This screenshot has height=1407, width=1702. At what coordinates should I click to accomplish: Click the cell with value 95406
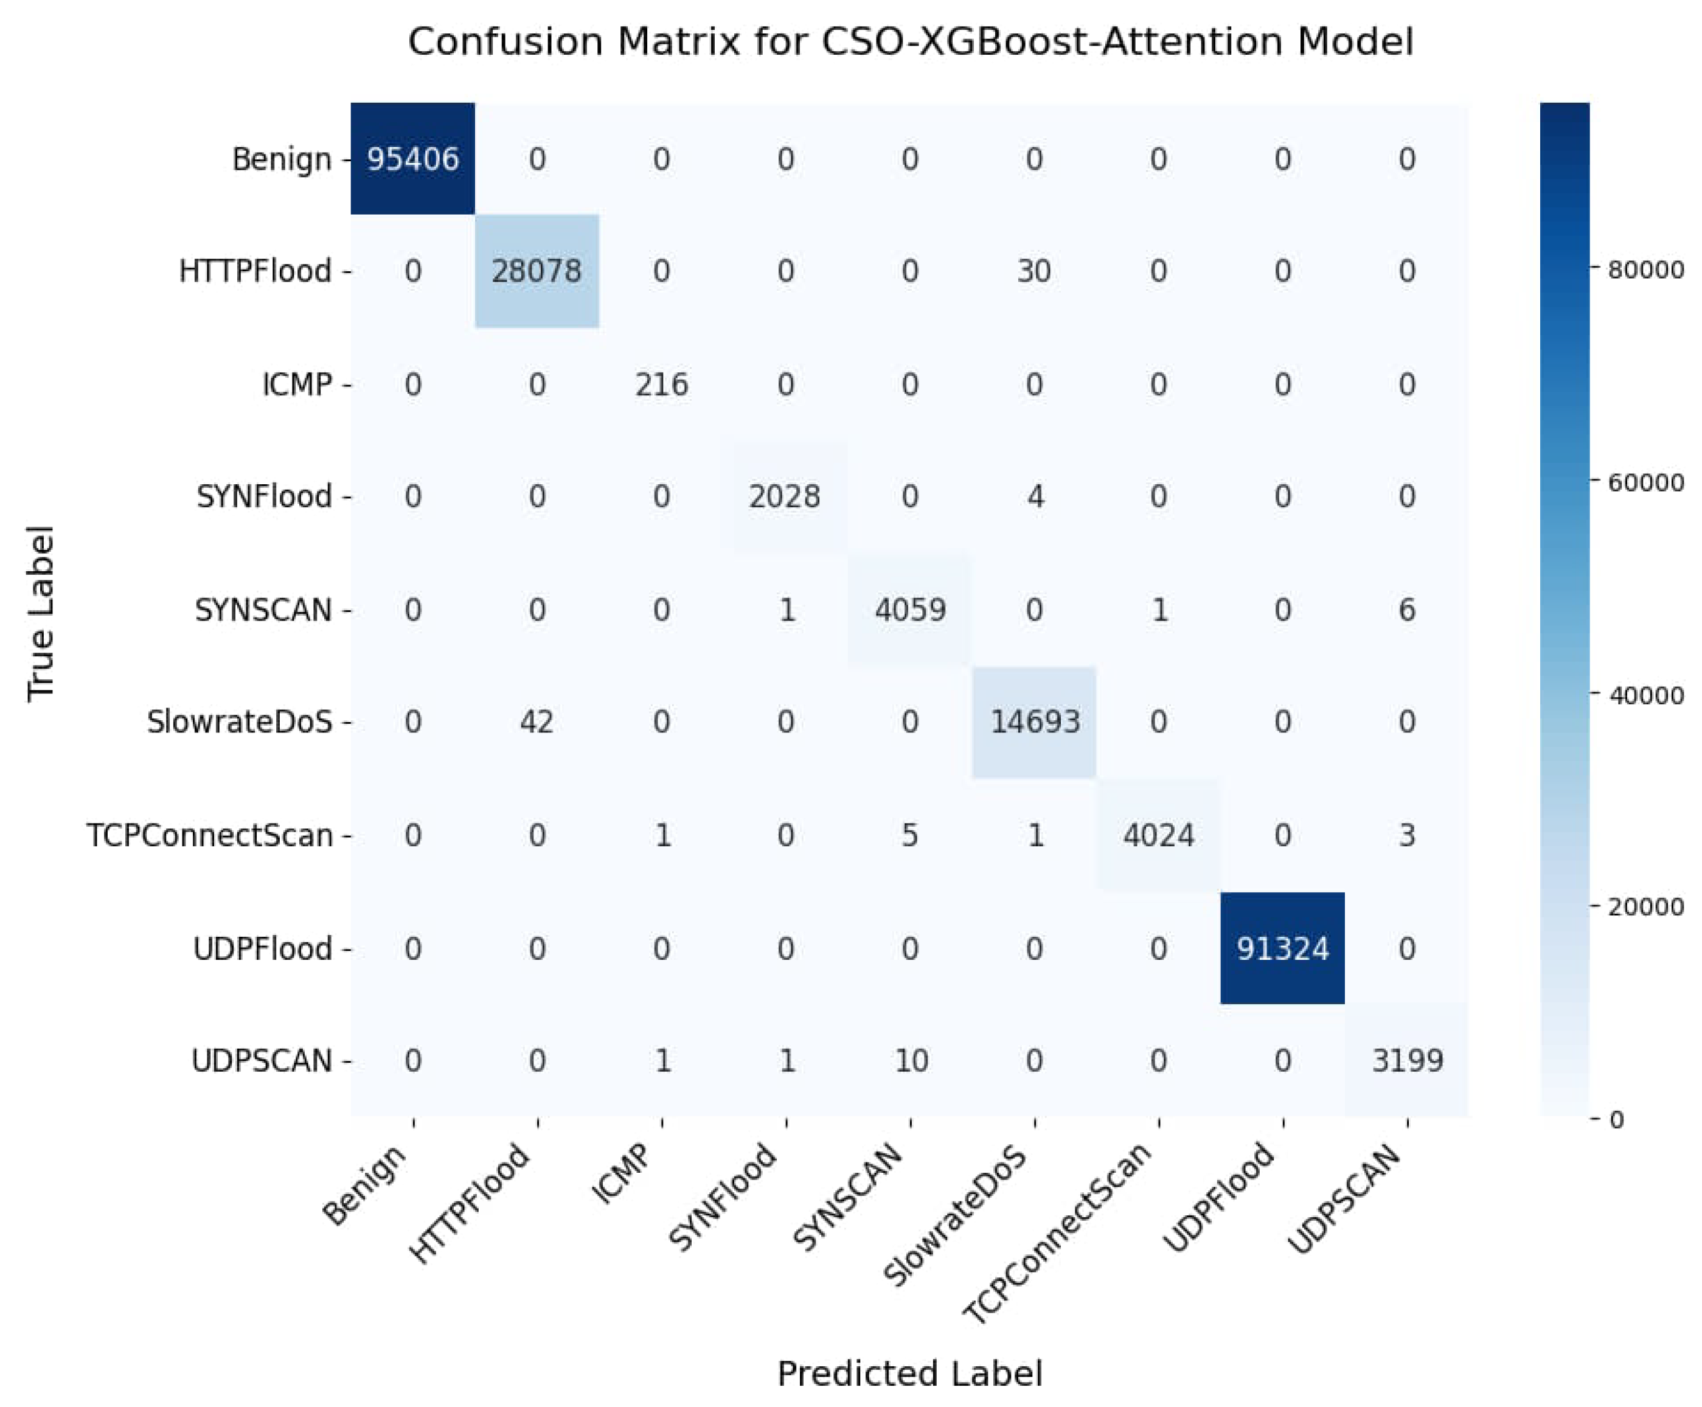point(412,159)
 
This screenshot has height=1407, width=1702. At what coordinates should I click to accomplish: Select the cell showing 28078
point(537,271)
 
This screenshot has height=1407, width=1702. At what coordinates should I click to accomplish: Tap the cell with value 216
point(661,383)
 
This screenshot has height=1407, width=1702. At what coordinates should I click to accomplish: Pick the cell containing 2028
point(785,496)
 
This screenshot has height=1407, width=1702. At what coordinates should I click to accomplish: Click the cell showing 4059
point(910,610)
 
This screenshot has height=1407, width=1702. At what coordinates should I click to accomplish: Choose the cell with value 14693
point(1035,721)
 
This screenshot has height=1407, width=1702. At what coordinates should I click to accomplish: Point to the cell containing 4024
point(1158,835)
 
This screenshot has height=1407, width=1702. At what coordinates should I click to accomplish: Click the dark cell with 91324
point(1282,948)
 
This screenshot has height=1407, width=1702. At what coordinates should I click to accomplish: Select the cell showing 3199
point(1407,1060)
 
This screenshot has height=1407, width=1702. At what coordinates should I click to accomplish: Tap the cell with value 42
point(537,721)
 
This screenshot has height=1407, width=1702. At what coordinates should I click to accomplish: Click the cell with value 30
point(1034,271)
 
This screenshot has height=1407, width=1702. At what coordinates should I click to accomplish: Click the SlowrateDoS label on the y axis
point(239,721)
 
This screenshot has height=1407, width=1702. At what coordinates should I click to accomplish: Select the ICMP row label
point(297,383)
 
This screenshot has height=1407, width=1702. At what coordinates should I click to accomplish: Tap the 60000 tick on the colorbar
point(1645,483)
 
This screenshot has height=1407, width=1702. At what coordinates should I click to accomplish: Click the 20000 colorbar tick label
point(1645,907)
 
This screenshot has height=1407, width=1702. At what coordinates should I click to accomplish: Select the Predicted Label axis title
point(909,1374)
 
